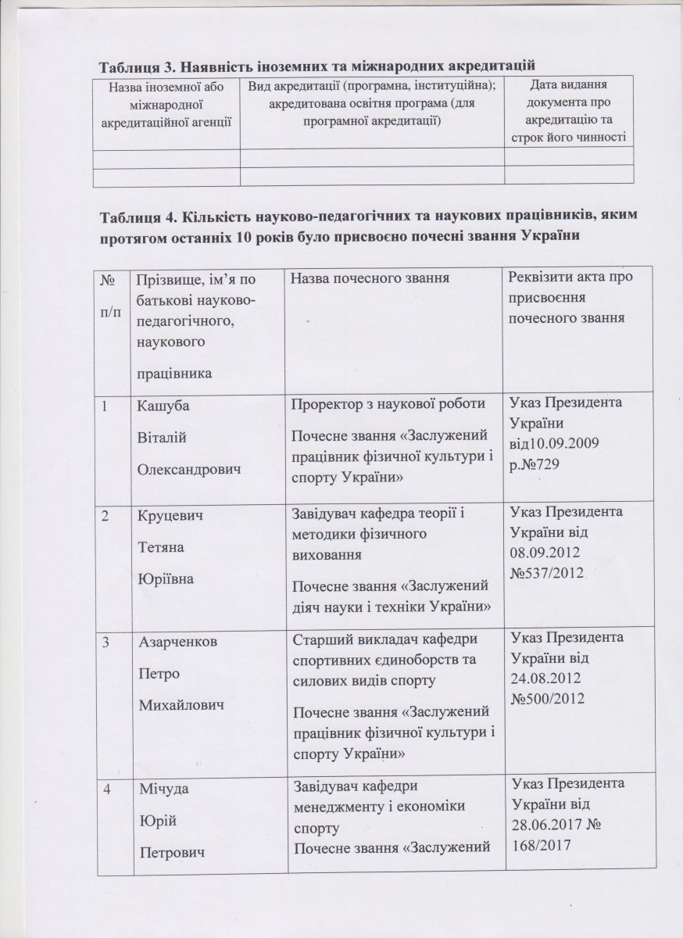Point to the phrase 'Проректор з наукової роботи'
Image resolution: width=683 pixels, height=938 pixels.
tap(379, 405)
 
